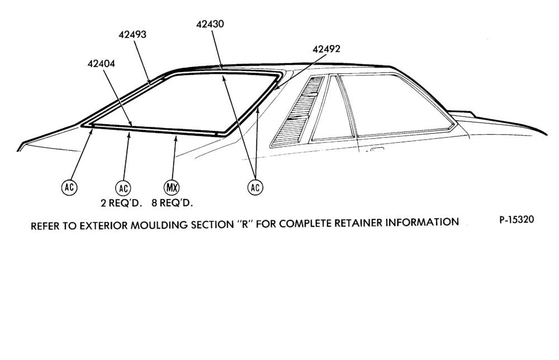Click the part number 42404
pyautogui.click(x=101, y=63)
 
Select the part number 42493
pyautogui.click(x=132, y=35)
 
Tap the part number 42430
pyautogui.click(x=210, y=24)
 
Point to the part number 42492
pyautogui.click(x=326, y=49)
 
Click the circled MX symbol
pyautogui.click(x=172, y=187)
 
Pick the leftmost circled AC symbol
pyautogui.click(x=69, y=187)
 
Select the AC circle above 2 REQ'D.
pyautogui.click(x=123, y=188)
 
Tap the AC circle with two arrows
pyautogui.click(x=255, y=187)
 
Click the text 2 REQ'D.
pyautogui.click(x=121, y=203)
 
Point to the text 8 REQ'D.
pyautogui.click(x=172, y=203)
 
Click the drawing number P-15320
pyautogui.click(x=517, y=220)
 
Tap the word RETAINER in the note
pyautogui.click(x=359, y=223)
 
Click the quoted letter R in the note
pyautogui.click(x=245, y=225)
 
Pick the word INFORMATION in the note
pyautogui.click(x=423, y=222)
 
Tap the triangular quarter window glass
pyautogui.click(x=332, y=108)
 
